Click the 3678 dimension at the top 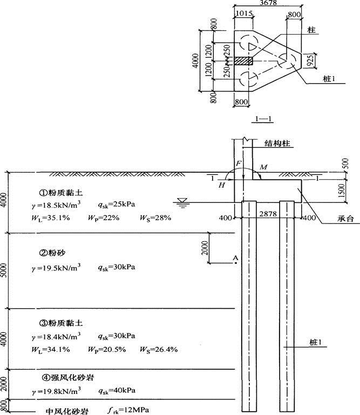pos(268,3)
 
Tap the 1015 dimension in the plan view pos(244,13)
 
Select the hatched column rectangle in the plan pos(243,61)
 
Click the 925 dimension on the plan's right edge pos(311,60)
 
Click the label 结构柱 pos(277,144)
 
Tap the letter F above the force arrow pos(239,164)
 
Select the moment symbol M pos(263,167)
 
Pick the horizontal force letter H pos(221,185)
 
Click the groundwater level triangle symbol pos(182,200)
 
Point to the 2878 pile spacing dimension pos(268,214)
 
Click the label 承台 pos(345,219)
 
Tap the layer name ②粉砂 pos(52,253)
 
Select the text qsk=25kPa pos(117,205)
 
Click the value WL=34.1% pos(51,350)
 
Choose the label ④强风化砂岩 pos(67,377)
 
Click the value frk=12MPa pos(128,410)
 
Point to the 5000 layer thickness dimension pos(4,270)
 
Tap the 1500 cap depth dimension pos(342,191)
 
